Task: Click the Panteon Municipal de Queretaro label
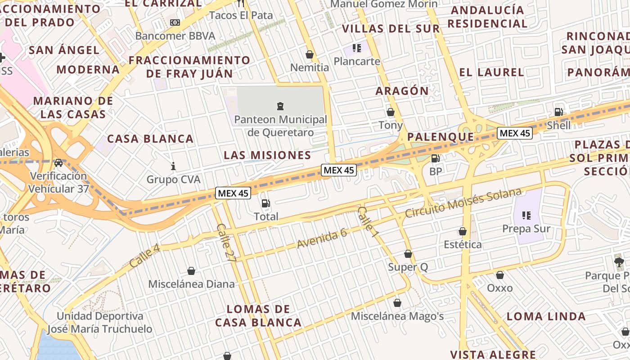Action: coord(280,126)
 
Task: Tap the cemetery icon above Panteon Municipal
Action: coord(280,106)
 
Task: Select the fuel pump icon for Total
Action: coord(265,203)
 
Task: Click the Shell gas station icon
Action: coord(558,112)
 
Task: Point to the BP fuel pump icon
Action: coord(435,158)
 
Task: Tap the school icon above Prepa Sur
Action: coord(526,216)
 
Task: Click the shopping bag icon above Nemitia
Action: coord(309,54)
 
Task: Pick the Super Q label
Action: coord(408,267)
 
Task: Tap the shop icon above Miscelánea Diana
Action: coord(191,271)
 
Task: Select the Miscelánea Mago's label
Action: coord(397,316)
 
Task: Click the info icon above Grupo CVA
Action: coord(173,166)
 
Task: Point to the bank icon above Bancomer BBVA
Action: coord(175,22)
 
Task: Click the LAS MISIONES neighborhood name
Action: coord(267,155)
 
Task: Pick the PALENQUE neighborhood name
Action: coord(440,137)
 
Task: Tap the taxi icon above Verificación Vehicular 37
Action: coord(58,162)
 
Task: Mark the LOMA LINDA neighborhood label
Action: coord(546,316)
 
